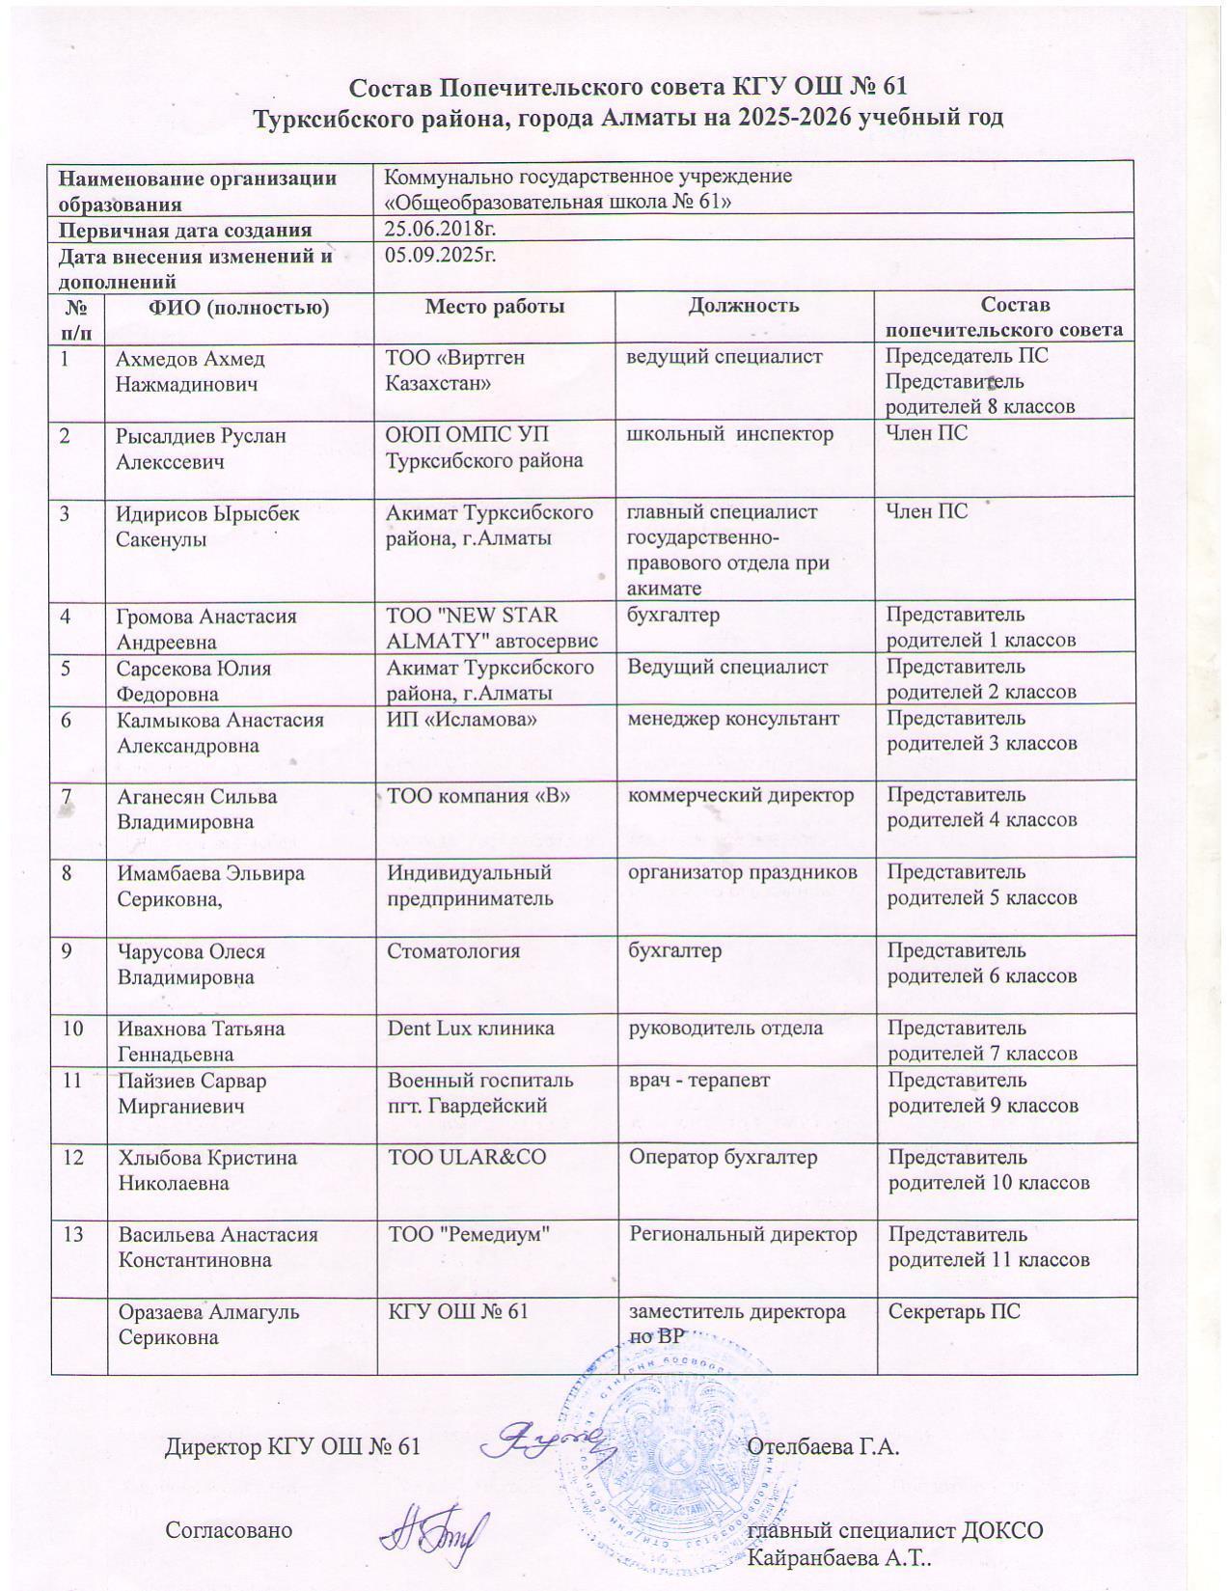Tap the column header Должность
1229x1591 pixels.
point(744,306)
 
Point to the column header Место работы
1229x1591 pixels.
point(495,307)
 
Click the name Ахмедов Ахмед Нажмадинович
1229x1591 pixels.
point(190,371)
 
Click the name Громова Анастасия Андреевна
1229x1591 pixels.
point(206,629)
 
